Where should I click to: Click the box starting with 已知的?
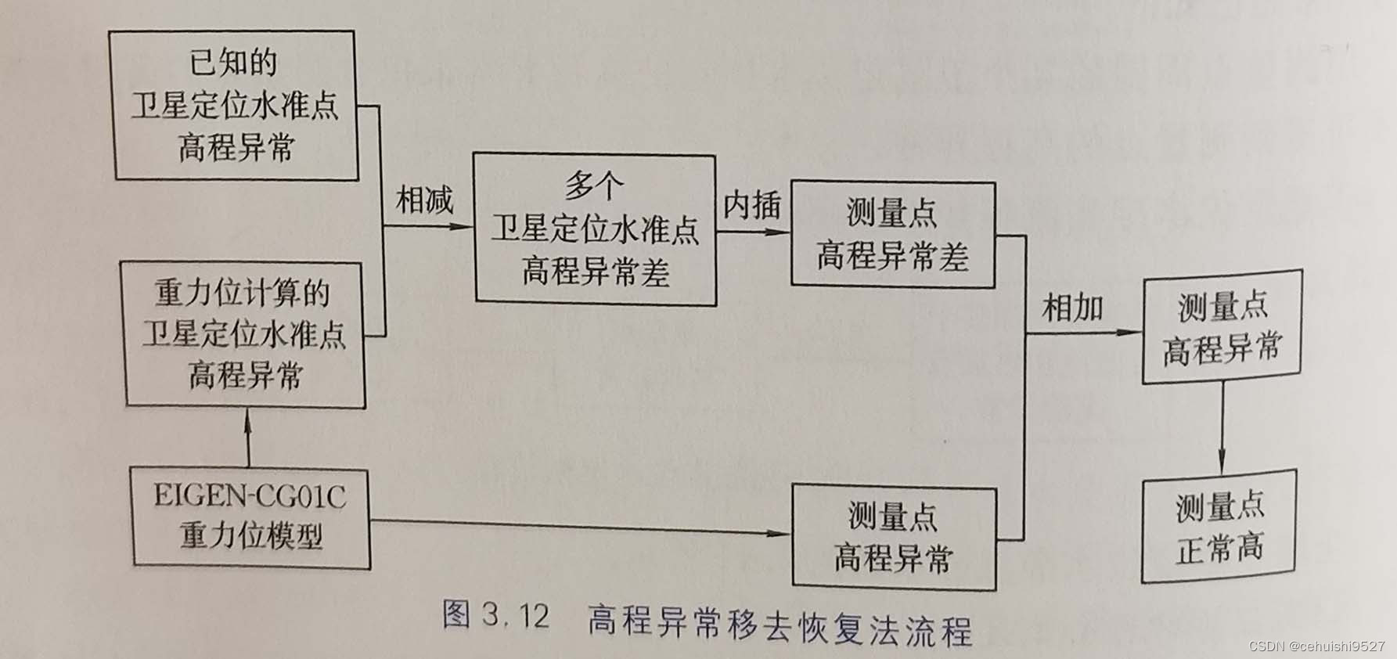click(233, 106)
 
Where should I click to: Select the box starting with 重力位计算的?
click(245, 334)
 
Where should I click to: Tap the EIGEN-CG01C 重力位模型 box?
click(250, 517)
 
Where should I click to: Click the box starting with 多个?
click(595, 229)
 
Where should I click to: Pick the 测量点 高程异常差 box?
click(892, 234)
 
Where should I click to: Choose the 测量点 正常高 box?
click(1219, 527)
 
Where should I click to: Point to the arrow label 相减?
click(425, 200)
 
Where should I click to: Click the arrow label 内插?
click(751, 206)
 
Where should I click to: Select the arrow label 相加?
click(1072, 308)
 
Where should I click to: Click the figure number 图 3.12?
click(495, 616)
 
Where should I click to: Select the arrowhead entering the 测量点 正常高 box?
click(1222, 463)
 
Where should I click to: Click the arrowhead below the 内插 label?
click(780, 232)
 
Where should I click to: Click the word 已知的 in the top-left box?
click(233, 63)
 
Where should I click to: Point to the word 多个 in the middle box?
click(594, 186)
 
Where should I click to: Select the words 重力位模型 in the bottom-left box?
click(251, 536)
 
